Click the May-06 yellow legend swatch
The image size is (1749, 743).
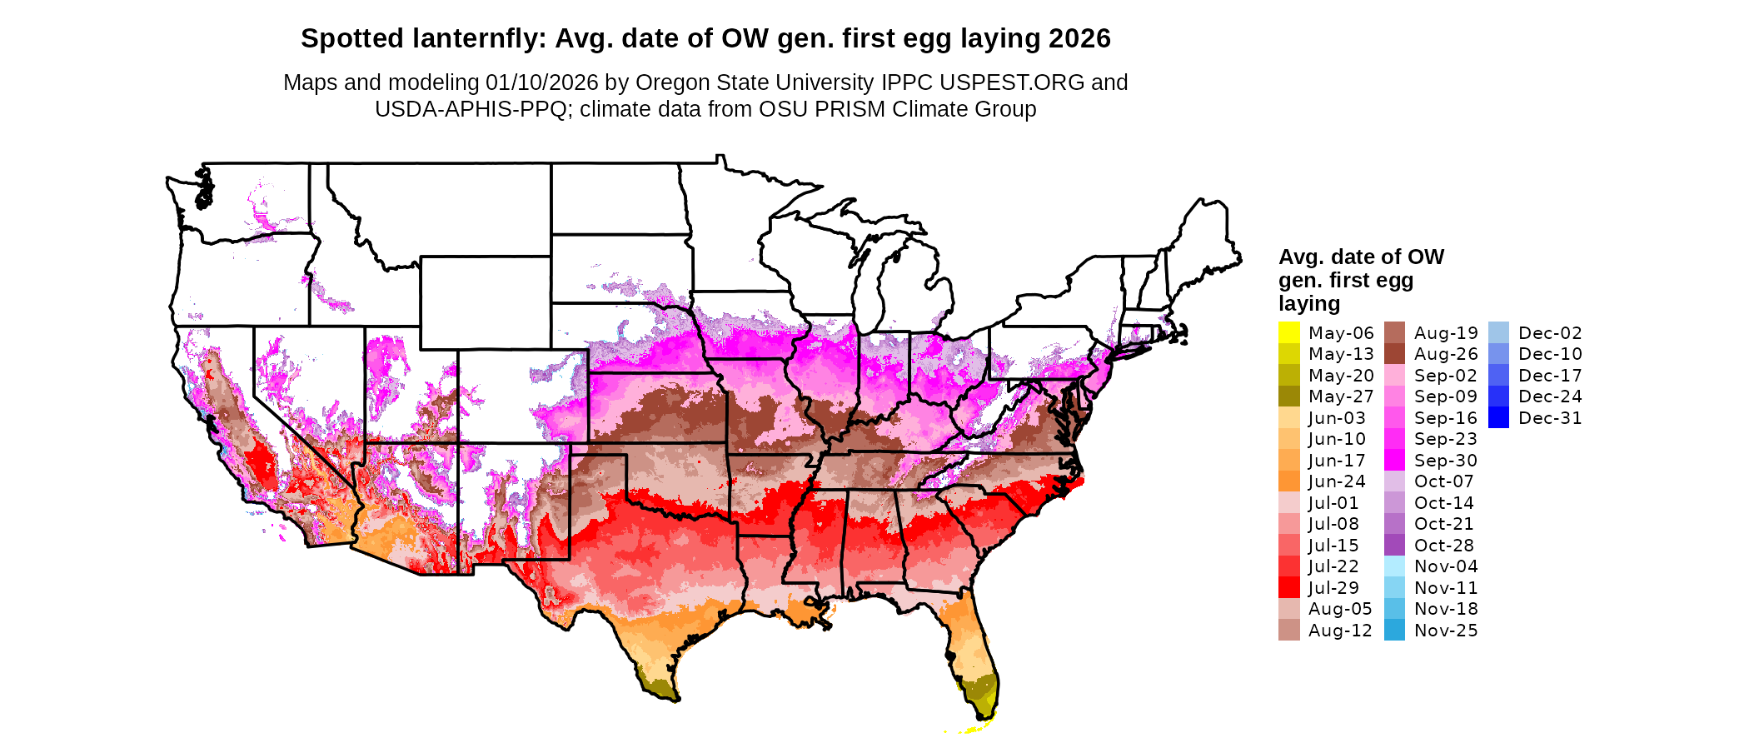coord(1288,332)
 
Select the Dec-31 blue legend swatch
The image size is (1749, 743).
coord(1498,417)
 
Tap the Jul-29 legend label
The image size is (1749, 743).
coord(1333,588)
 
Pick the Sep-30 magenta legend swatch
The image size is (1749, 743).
coord(1394,460)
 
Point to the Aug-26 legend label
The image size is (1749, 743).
coord(1446,354)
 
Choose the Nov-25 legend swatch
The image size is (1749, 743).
coord(1394,631)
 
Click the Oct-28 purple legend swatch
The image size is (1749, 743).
coord(1394,546)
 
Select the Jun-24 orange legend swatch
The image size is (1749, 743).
coord(1288,481)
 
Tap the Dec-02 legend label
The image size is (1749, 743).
coord(1550,333)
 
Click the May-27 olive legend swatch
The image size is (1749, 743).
coord(1288,396)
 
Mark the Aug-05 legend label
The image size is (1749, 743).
coord(1340,609)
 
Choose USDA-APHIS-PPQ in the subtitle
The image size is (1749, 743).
coord(471,109)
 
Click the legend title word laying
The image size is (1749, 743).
coord(1309,303)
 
